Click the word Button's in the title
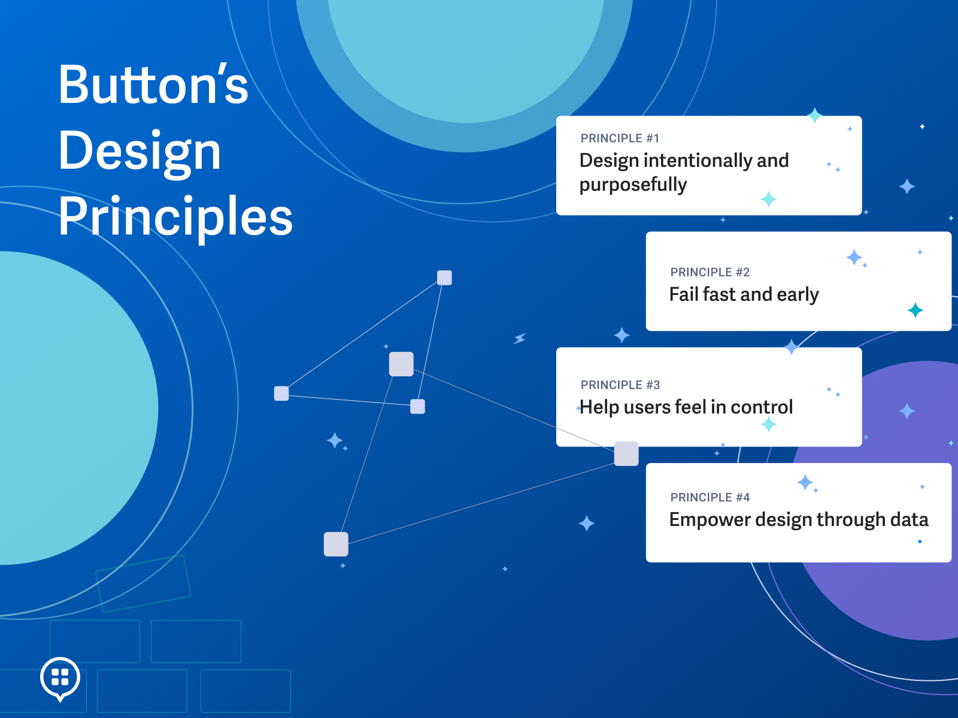[153, 85]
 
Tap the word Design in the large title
[140, 151]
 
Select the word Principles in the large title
[175, 217]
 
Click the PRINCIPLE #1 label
[620, 138]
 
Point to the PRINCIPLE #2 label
[710, 272]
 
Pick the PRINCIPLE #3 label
[620, 385]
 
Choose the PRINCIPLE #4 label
[710, 497]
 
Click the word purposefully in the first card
[633, 185]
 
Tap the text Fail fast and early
[744, 294]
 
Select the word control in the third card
[762, 407]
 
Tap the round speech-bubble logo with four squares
[60, 678]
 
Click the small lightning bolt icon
[520, 339]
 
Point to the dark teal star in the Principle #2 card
[915, 310]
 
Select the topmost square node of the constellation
[444, 278]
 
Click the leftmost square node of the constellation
[281, 393]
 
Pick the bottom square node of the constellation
[336, 544]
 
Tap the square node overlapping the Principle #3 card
[626, 454]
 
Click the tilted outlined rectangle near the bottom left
[143, 583]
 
